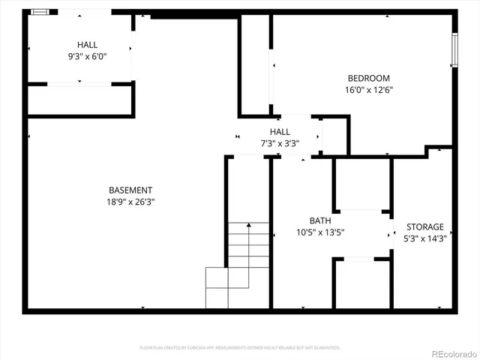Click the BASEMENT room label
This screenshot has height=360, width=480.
(130, 190)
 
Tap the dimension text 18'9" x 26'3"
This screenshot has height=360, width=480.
(130, 202)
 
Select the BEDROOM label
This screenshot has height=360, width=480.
(368, 78)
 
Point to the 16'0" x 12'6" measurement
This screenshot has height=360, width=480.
(368, 89)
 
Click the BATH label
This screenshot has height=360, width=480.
(320, 220)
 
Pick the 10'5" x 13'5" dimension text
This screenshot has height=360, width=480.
(320, 232)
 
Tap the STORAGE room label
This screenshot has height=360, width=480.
(425, 226)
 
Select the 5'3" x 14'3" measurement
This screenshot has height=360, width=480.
(425, 238)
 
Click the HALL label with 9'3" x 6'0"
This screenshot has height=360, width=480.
(87, 44)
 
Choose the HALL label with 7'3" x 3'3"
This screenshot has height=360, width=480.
(280, 131)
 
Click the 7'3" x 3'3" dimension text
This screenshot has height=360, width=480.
(280, 142)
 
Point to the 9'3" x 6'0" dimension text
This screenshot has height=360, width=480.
(87, 55)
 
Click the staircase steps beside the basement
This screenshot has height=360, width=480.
(238, 259)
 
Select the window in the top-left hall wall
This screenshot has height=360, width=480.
(43, 12)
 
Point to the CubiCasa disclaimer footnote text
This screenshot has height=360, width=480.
(240, 347)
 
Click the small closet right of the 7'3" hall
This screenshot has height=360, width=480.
(334, 136)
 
